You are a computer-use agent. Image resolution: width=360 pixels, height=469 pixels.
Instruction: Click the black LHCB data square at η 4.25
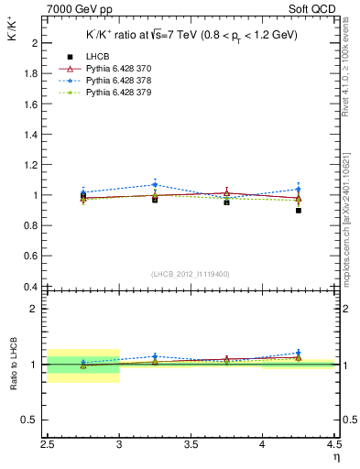click(x=299, y=211)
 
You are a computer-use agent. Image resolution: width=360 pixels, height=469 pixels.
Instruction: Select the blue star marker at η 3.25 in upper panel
click(x=155, y=184)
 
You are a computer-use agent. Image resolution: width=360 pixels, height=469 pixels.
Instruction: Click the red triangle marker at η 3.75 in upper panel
click(x=226, y=192)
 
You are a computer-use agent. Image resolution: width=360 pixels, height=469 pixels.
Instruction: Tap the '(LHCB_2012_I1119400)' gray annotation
click(x=191, y=274)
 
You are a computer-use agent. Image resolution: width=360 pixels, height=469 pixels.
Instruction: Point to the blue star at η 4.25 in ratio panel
click(x=299, y=353)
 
